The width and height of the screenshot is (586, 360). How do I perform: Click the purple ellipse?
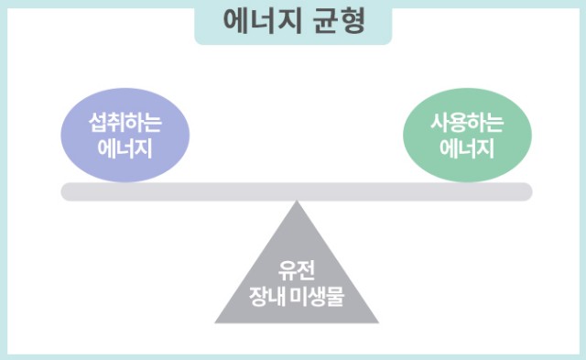click(125, 136)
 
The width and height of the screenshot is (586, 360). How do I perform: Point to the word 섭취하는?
click(125, 124)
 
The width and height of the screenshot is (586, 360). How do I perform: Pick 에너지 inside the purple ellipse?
click(125, 147)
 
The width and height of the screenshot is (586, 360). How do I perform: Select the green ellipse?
click(467, 136)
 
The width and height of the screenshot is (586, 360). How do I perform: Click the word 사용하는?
click(467, 124)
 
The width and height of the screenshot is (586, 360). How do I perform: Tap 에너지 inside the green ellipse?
click(467, 147)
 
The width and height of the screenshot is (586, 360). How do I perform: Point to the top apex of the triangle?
click(296, 202)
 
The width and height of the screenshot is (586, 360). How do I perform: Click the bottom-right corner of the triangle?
click(375, 322)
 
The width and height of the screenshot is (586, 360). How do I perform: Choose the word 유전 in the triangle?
click(296, 272)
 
